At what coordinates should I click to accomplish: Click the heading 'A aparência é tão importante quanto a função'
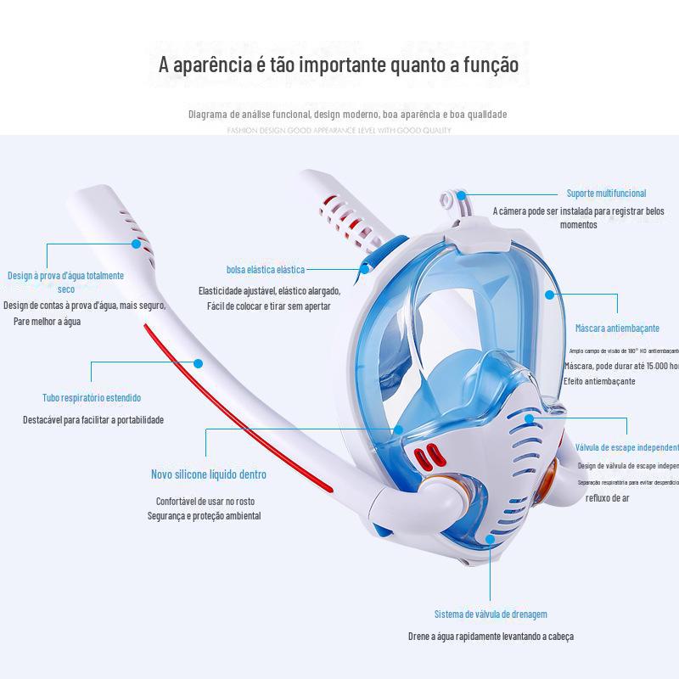(339, 65)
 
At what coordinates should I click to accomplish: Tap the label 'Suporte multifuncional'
(606, 194)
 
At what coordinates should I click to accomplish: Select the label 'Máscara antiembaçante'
(617, 328)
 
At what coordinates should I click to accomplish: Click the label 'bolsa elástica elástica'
(265, 269)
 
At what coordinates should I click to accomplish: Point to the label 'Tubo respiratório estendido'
(92, 397)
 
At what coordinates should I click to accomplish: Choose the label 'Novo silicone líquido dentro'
(209, 474)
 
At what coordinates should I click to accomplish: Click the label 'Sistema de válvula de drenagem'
(491, 614)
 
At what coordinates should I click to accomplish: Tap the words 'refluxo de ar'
(608, 498)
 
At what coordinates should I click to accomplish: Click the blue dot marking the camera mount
(465, 194)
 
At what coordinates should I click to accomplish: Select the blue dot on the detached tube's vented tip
(136, 244)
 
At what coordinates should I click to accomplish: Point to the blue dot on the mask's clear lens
(549, 295)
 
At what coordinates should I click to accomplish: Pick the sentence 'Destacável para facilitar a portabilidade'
(93, 419)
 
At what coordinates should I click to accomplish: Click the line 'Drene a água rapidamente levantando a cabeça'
(491, 636)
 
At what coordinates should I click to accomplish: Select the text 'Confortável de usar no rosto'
(205, 501)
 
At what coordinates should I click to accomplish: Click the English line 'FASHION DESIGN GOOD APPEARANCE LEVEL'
(339, 131)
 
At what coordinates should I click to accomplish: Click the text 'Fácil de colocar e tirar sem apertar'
(269, 306)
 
